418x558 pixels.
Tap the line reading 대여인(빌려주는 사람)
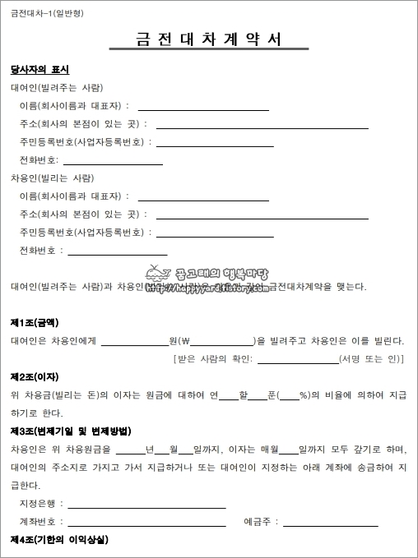(57, 88)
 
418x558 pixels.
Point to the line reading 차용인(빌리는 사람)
(52, 178)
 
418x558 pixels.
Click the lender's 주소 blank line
(262, 127)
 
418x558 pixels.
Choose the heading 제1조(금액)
(35, 322)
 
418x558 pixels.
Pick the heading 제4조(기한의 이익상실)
(59, 540)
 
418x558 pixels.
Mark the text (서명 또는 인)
(372, 359)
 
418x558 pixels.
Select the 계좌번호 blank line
(148, 523)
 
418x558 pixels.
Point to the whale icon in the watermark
(154, 274)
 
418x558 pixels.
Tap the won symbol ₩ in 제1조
(184, 340)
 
